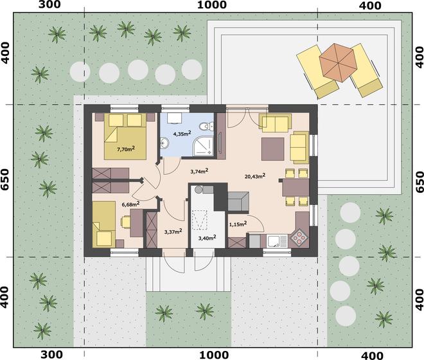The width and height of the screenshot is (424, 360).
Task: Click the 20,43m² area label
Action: pyautogui.click(x=255, y=176)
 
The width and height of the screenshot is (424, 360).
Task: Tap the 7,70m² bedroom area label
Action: pyautogui.click(x=126, y=148)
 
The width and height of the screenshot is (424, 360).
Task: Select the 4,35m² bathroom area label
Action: pyautogui.click(x=182, y=133)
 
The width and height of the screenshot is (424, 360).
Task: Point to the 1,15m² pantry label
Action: pyautogui.click(x=238, y=224)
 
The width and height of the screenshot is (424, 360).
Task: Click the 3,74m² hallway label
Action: pyautogui.click(x=199, y=171)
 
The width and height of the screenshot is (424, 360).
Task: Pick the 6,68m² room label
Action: pyautogui.click(x=130, y=204)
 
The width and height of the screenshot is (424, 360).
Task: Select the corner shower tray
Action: pyautogui.click(x=204, y=146)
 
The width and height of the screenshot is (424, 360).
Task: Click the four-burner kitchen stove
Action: pyautogui.click(x=299, y=238)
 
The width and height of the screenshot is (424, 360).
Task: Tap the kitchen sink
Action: pyautogui.click(x=274, y=240)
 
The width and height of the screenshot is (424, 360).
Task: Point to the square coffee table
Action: pyautogui.click(x=272, y=149)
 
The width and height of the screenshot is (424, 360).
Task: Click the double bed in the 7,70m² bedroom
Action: pyautogui.click(x=125, y=136)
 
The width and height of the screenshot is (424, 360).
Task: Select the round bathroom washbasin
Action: pyautogui.click(x=164, y=143)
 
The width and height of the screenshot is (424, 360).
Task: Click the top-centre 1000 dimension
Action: pyautogui.click(x=212, y=5)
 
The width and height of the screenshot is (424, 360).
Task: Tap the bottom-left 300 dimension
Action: pyautogui.click(x=51, y=354)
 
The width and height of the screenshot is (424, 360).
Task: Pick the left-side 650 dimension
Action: pyautogui.click(x=5, y=179)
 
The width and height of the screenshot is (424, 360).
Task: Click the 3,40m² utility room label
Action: pyautogui.click(x=207, y=239)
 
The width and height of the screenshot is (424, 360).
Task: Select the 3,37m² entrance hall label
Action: pyautogui.click(x=173, y=231)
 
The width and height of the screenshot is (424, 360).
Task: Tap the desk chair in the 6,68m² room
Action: pyautogui.click(x=125, y=222)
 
